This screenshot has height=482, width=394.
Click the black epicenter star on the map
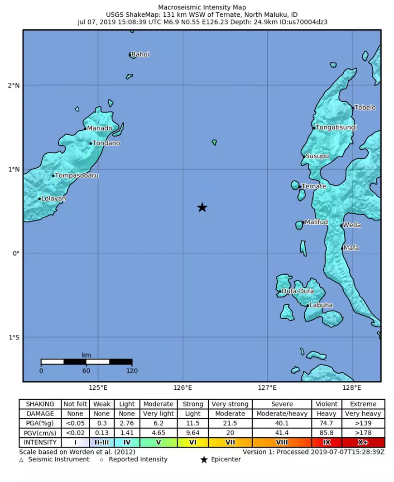(x=202, y=208)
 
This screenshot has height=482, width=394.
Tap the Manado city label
(x=100, y=128)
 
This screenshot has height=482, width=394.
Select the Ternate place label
(x=314, y=186)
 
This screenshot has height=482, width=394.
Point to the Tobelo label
(x=365, y=108)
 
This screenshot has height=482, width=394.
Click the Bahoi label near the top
(x=140, y=55)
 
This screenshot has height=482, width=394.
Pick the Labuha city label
(x=321, y=305)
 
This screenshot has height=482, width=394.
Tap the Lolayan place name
(x=53, y=198)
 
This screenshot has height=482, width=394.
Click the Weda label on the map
(x=352, y=225)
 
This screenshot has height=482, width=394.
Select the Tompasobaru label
(x=77, y=175)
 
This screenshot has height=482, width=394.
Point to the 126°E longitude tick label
(x=183, y=387)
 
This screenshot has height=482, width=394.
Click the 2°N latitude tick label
(x=14, y=85)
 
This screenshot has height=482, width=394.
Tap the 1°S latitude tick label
(x=14, y=337)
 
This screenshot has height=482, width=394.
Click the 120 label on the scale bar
(x=132, y=371)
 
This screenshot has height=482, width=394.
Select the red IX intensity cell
(x=327, y=442)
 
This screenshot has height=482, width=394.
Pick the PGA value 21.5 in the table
(x=230, y=423)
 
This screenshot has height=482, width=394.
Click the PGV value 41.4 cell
(x=282, y=433)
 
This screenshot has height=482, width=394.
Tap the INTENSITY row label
(x=40, y=442)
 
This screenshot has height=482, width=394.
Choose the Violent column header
(x=327, y=404)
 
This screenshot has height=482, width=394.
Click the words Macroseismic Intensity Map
(x=202, y=7)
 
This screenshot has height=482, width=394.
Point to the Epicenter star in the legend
(x=204, y=460)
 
